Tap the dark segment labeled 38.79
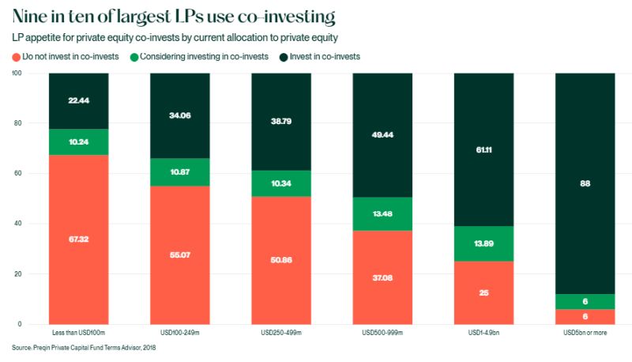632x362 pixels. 281,122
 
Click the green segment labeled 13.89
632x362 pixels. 483,243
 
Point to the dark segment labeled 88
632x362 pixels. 585,183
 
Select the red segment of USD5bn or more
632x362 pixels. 585,316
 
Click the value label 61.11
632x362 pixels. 483,149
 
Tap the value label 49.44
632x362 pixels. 382,135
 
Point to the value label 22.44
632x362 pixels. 78,101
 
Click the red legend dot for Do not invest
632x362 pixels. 17,57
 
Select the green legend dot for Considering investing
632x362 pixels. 135,57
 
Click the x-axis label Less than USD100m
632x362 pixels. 78,334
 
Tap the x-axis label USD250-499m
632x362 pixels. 281,334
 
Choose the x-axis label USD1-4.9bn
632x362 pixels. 483,334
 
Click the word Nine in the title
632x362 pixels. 31,16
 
